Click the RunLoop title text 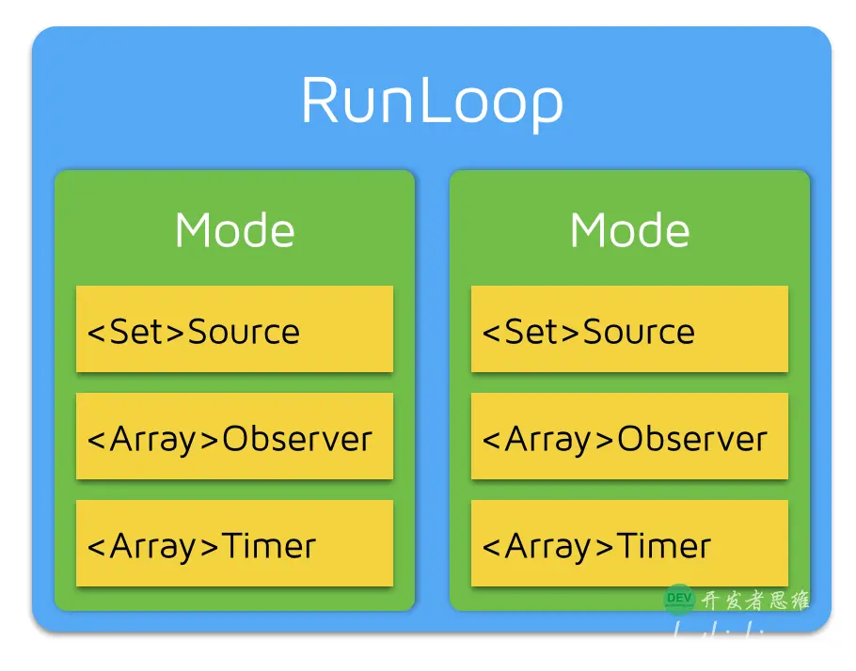(x=432, y=101)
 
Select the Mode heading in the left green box (x=234, y=230)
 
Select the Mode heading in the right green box (x=629, y=230)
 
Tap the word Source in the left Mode (x=244, y=332)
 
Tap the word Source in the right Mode (x=639, y=332)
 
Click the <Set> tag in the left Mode (x=136, y=332)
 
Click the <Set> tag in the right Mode (x=531, y=332)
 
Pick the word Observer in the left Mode (x=297, y=439)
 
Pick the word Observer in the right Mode (x=692, y=439)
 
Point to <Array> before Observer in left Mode (x=153, y=439)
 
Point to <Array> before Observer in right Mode (x=548, y=439)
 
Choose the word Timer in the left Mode (x=269, y=546)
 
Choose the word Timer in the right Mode (x=664, y=546)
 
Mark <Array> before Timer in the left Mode (x=153, y=546)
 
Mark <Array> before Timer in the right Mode (x=548, y=546)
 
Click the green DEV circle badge (x=679, y=598)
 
